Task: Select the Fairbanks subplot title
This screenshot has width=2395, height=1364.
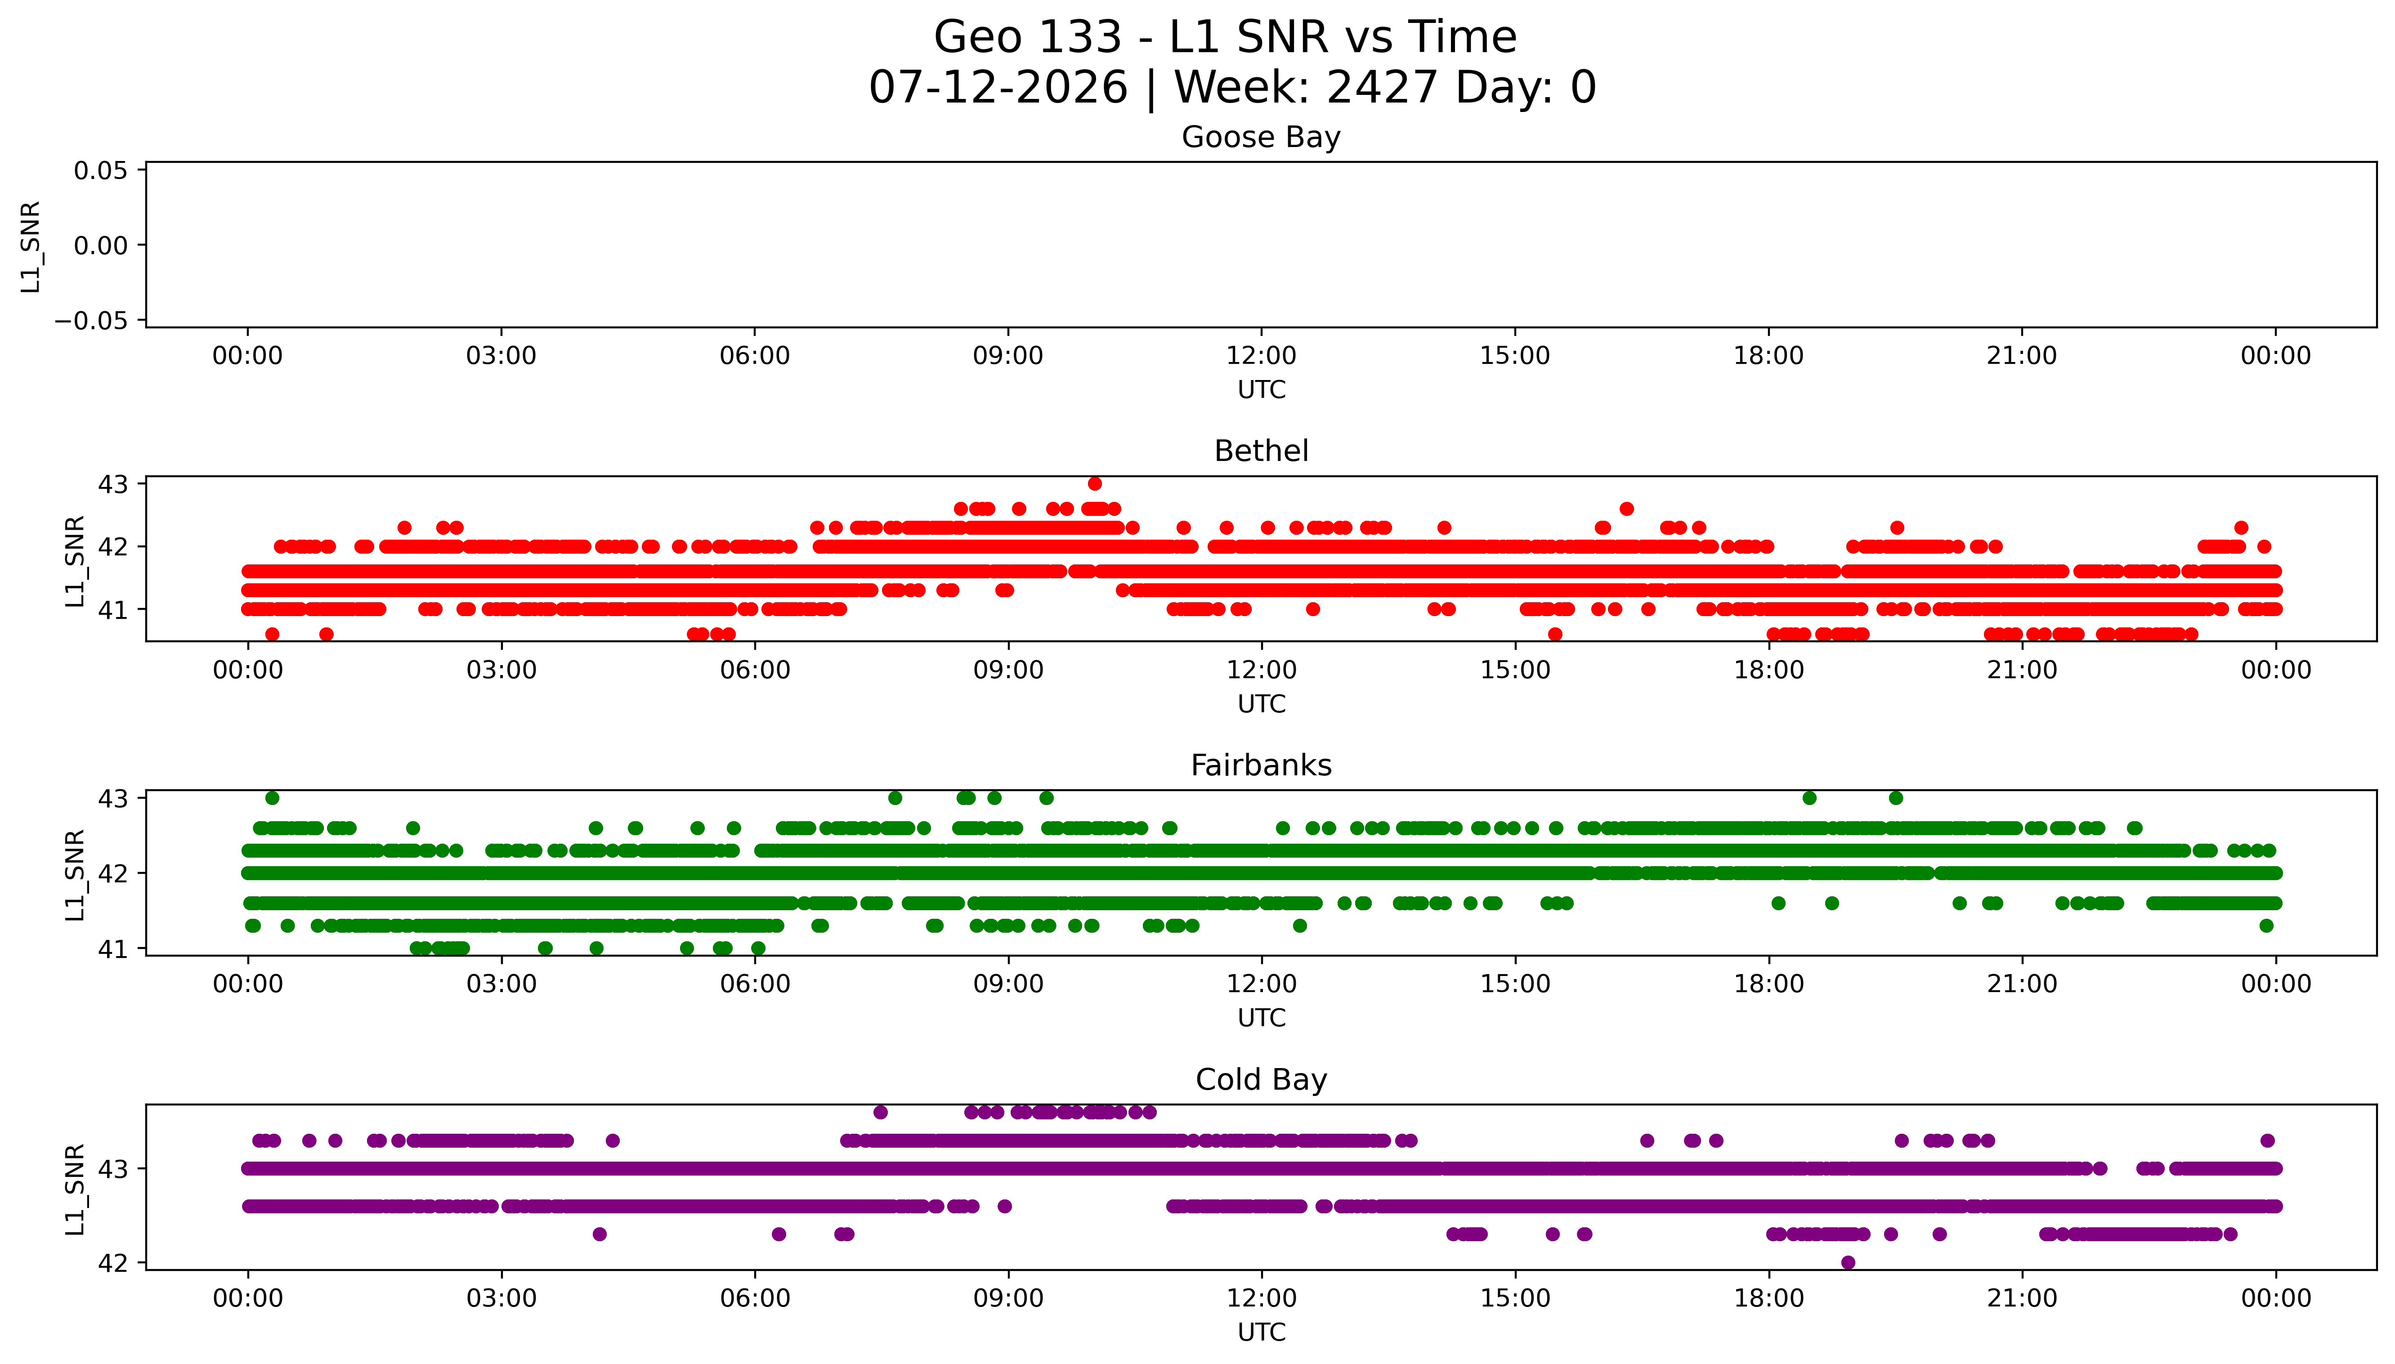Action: tap(1261, 765)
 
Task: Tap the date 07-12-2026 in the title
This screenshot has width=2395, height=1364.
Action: tap(998, 87)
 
